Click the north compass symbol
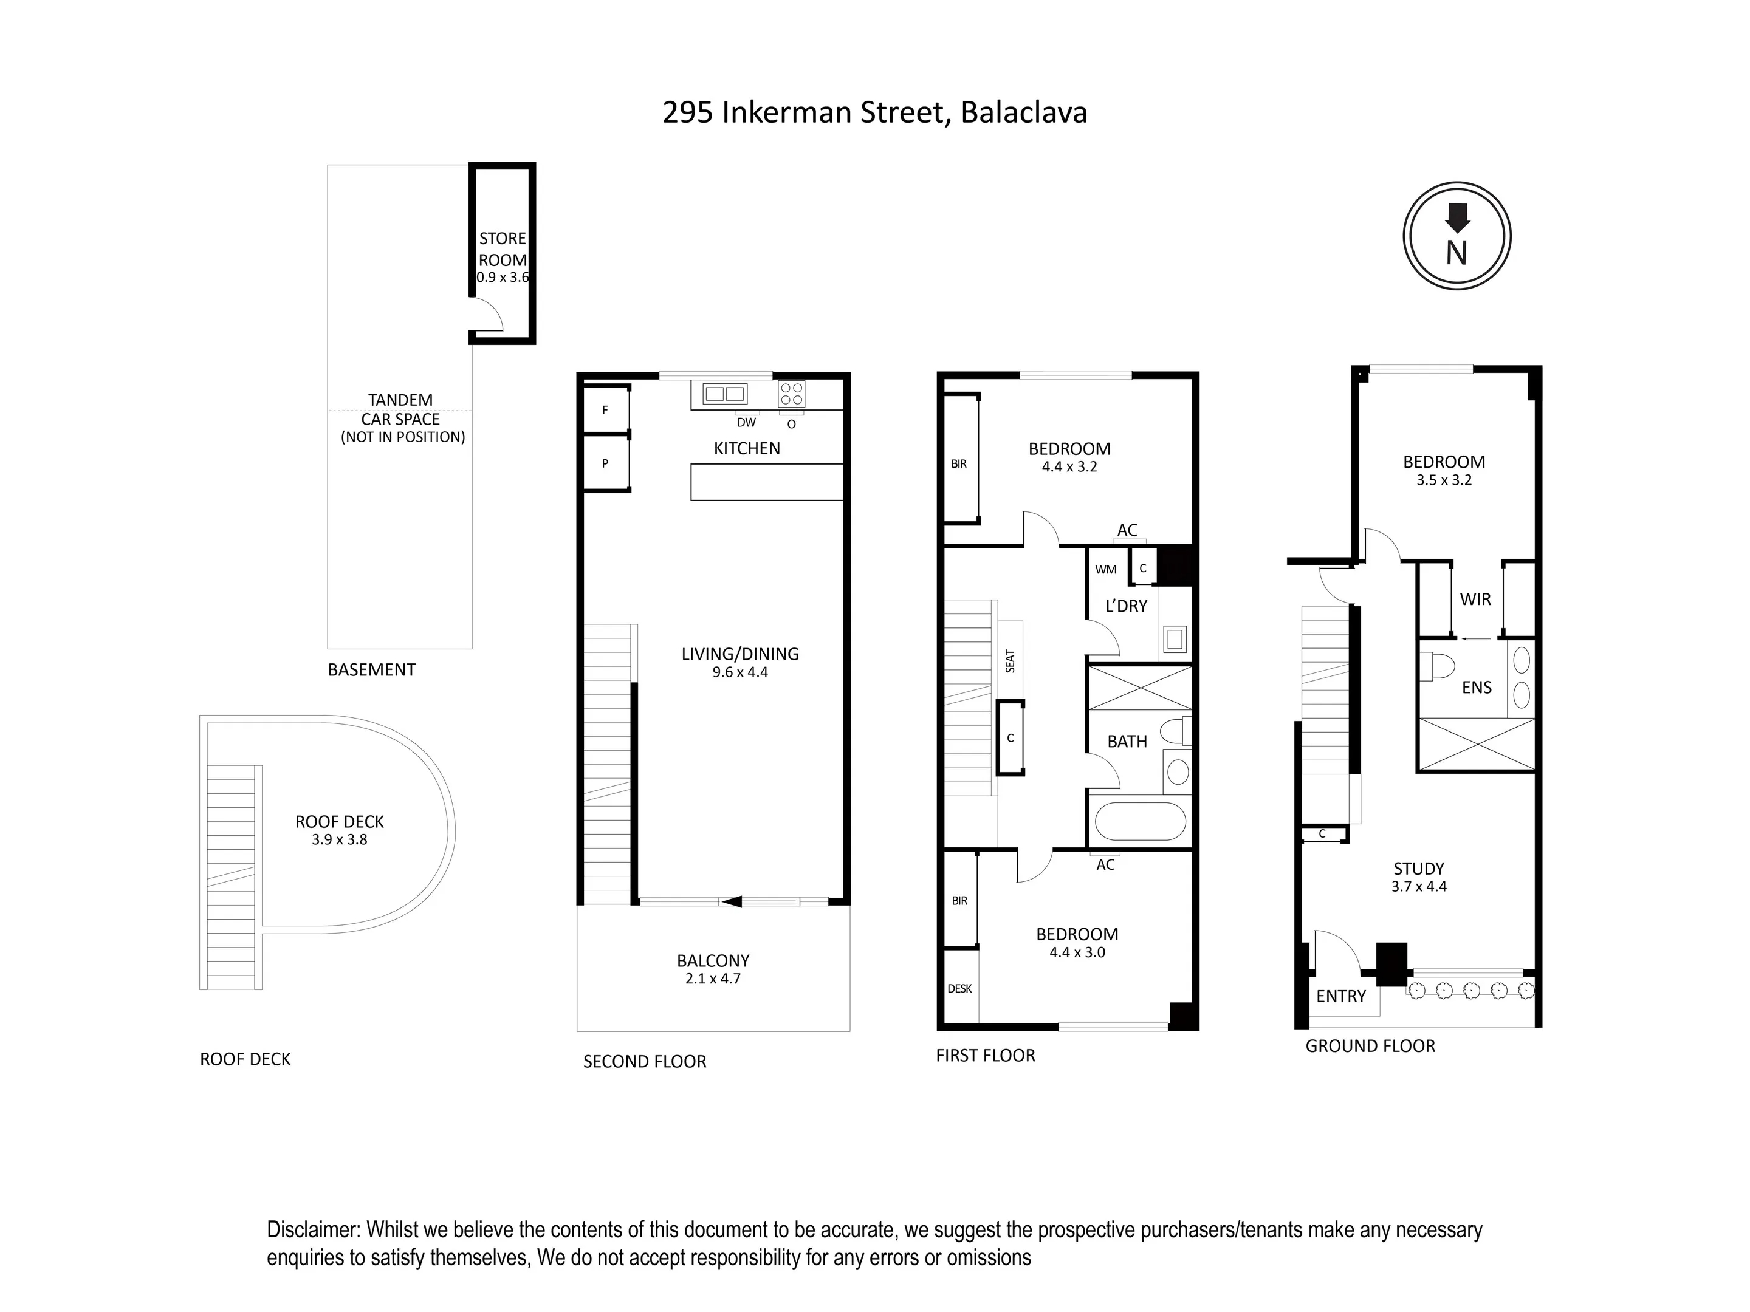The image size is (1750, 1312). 1457,236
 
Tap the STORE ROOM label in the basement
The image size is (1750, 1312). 503,249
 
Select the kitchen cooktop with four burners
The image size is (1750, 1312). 791,393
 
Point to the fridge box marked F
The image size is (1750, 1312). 606,409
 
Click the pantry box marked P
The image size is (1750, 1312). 606,463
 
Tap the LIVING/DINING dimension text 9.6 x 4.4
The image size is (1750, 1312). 739,672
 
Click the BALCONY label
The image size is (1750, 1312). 713,960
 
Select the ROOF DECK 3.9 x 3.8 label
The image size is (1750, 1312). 340,830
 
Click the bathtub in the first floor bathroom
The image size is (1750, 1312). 1140,822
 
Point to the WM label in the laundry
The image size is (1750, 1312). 1105,569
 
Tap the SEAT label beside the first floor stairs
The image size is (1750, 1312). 1011,661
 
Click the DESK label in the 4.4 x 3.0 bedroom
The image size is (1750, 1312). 959,988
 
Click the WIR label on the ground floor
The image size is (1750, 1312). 1475,600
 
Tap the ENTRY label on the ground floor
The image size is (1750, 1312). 1341,997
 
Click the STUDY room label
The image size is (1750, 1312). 1418,869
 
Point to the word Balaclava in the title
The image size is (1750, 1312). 1024,112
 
